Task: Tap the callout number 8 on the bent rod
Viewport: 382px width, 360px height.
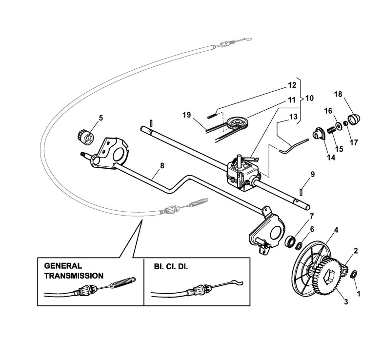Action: pyautogui.click(x=162, y=165)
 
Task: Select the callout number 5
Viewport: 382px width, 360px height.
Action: pyautogui.click(x=101, y=118)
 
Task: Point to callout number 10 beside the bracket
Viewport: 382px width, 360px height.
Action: pyautogui.click(x=309, y=98)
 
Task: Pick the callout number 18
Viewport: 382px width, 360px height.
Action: pyautogui.click(x=337, y=94)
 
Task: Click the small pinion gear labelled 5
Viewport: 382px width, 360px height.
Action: pyautogui.click(x=86, y=136)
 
